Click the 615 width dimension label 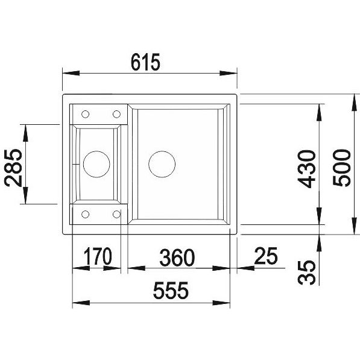pyautogui.click(x=145, y=62)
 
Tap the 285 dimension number pyautogui.click(x=13, y=168)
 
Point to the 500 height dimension pyautogui.click(x=342, y=168)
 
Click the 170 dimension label pyautogui.click(x=98, y=256)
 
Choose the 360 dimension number pyautogui.click(x=177, y=257)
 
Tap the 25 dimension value pyautogui.click(x=266, y=255)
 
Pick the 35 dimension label pyautogui.click(x=306, y=272)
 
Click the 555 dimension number pyautogui.click(x=171, y=290)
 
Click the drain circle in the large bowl pyautogui.click(x=162, y=164)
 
